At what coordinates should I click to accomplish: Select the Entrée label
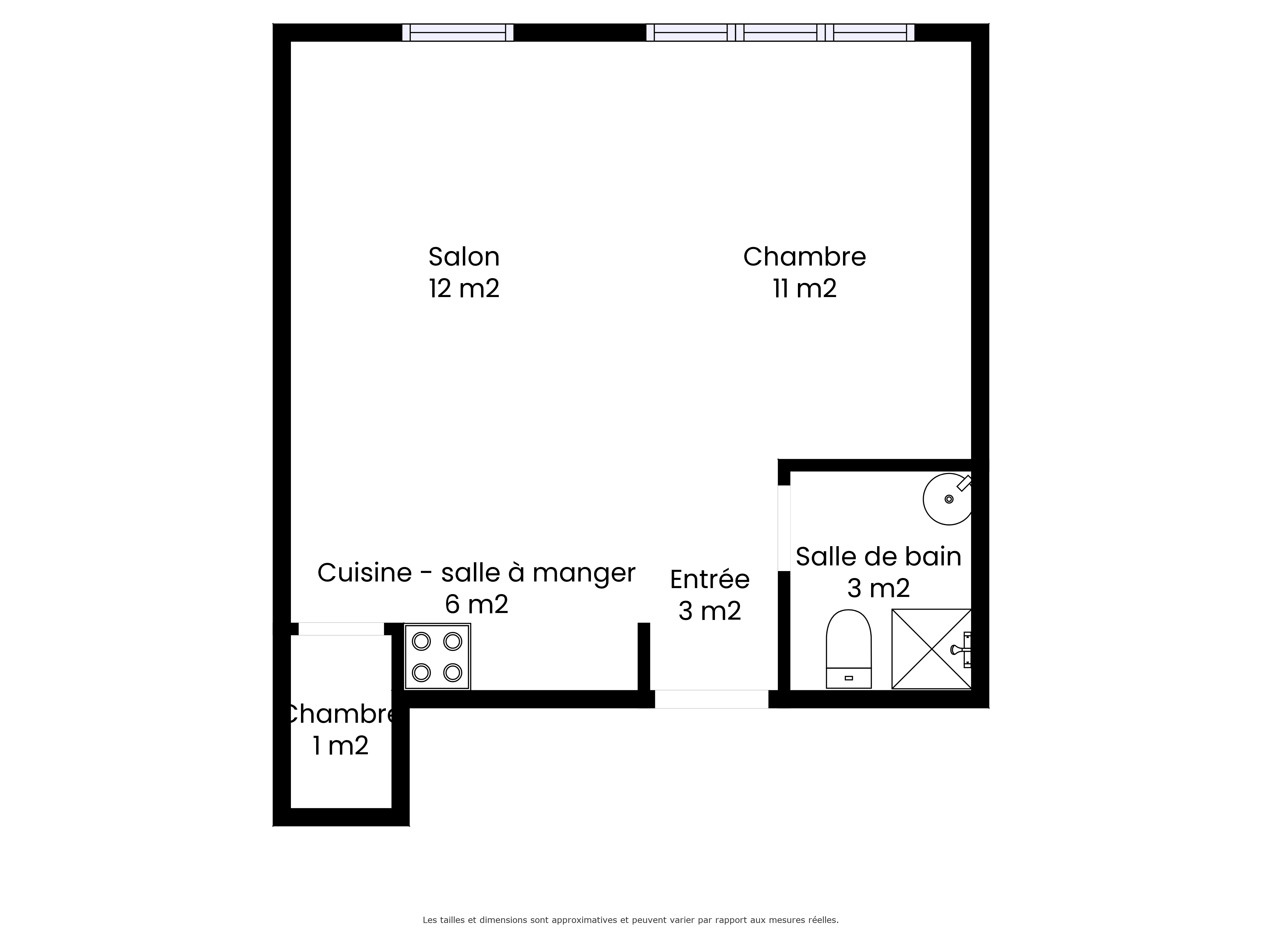pos(710,579)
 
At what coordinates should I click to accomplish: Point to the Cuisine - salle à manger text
pos(476,573)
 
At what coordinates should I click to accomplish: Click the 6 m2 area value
pos(476,604)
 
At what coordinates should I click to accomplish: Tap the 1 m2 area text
pos(341,746)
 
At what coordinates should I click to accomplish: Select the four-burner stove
pos(437,657)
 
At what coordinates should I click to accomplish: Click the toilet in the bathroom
pos(849,649)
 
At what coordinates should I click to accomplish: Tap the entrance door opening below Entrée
pos(711,699)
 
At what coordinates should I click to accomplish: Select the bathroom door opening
pos(784,528)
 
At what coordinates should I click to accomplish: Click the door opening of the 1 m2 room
pos(341,629)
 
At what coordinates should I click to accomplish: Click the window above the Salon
pos(457,32)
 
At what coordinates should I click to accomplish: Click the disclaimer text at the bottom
pos(630,888)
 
